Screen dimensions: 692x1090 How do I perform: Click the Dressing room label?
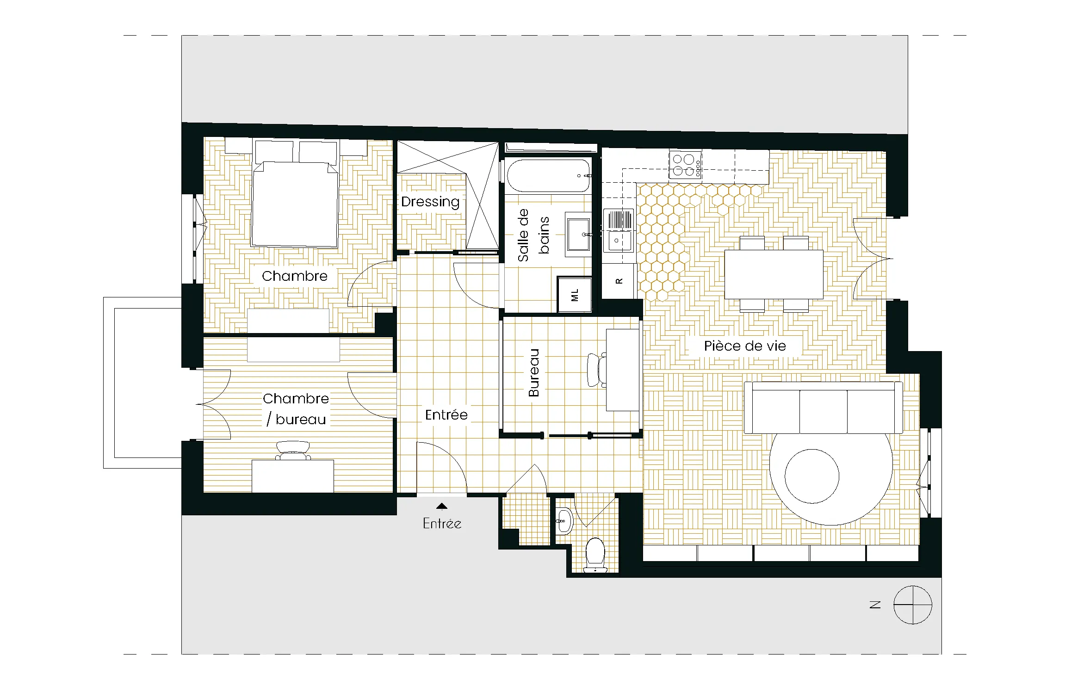[430, 202]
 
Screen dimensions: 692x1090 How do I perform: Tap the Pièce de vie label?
[745, 346]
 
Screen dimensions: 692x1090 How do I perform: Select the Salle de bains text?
[533, 235]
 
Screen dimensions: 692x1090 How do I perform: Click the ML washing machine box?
[575, 295]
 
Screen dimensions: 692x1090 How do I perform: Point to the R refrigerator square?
[619, 281]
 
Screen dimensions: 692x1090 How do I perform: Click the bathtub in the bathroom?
[549, 176]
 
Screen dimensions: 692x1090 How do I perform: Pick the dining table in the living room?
[774, 274]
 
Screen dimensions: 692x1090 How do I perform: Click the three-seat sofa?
[823, 407]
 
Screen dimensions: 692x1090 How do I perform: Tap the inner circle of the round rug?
[811, 476]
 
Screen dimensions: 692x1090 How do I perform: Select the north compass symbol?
[912, 605]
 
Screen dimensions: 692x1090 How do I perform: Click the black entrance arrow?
[442, 506]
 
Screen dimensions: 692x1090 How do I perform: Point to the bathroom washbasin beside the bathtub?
[578, 235]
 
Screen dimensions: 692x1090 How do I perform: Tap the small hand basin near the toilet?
[564, 521]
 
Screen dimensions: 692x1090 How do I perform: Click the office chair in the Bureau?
[596, 370]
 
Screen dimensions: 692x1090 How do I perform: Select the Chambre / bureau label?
[296, 409]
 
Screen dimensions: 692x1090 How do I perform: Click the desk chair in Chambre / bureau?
[293, 450]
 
